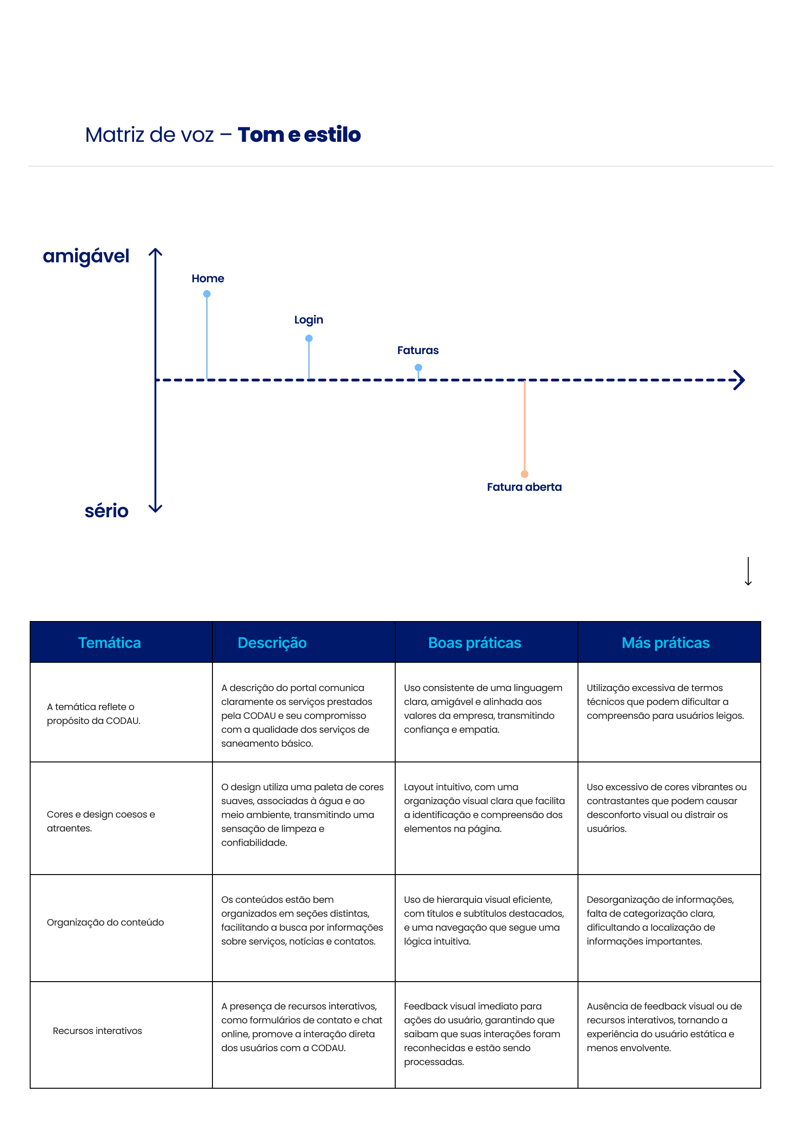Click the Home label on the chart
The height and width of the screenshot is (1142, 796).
click(208, 279)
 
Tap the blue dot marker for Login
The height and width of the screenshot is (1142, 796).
click(308, 338)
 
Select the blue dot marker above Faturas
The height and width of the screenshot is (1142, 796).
click(418, 368)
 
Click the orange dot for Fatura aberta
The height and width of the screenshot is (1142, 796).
click(524, 474)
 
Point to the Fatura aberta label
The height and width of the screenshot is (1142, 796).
click(524, 487)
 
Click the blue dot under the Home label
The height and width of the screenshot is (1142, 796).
click(206, 294)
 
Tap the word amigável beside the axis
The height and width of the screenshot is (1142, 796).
click(86, 257)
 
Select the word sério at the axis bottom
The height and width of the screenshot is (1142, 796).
click(107, 511)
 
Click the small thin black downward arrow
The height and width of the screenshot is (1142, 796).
click(748, 571)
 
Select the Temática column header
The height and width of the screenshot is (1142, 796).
click(109, 643)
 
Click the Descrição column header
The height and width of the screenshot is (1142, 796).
click(272, 643)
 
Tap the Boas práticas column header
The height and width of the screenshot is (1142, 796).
click(475, 643)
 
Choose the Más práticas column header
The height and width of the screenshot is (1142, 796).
click(666, 643)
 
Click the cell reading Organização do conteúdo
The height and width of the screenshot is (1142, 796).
click(105, 922)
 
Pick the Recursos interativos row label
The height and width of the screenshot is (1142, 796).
click(97, 1031)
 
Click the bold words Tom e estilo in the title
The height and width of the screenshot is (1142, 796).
click(299, 135)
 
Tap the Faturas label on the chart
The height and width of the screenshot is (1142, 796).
click(417, 350)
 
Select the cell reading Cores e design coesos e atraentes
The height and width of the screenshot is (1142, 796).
click(101, 821)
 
